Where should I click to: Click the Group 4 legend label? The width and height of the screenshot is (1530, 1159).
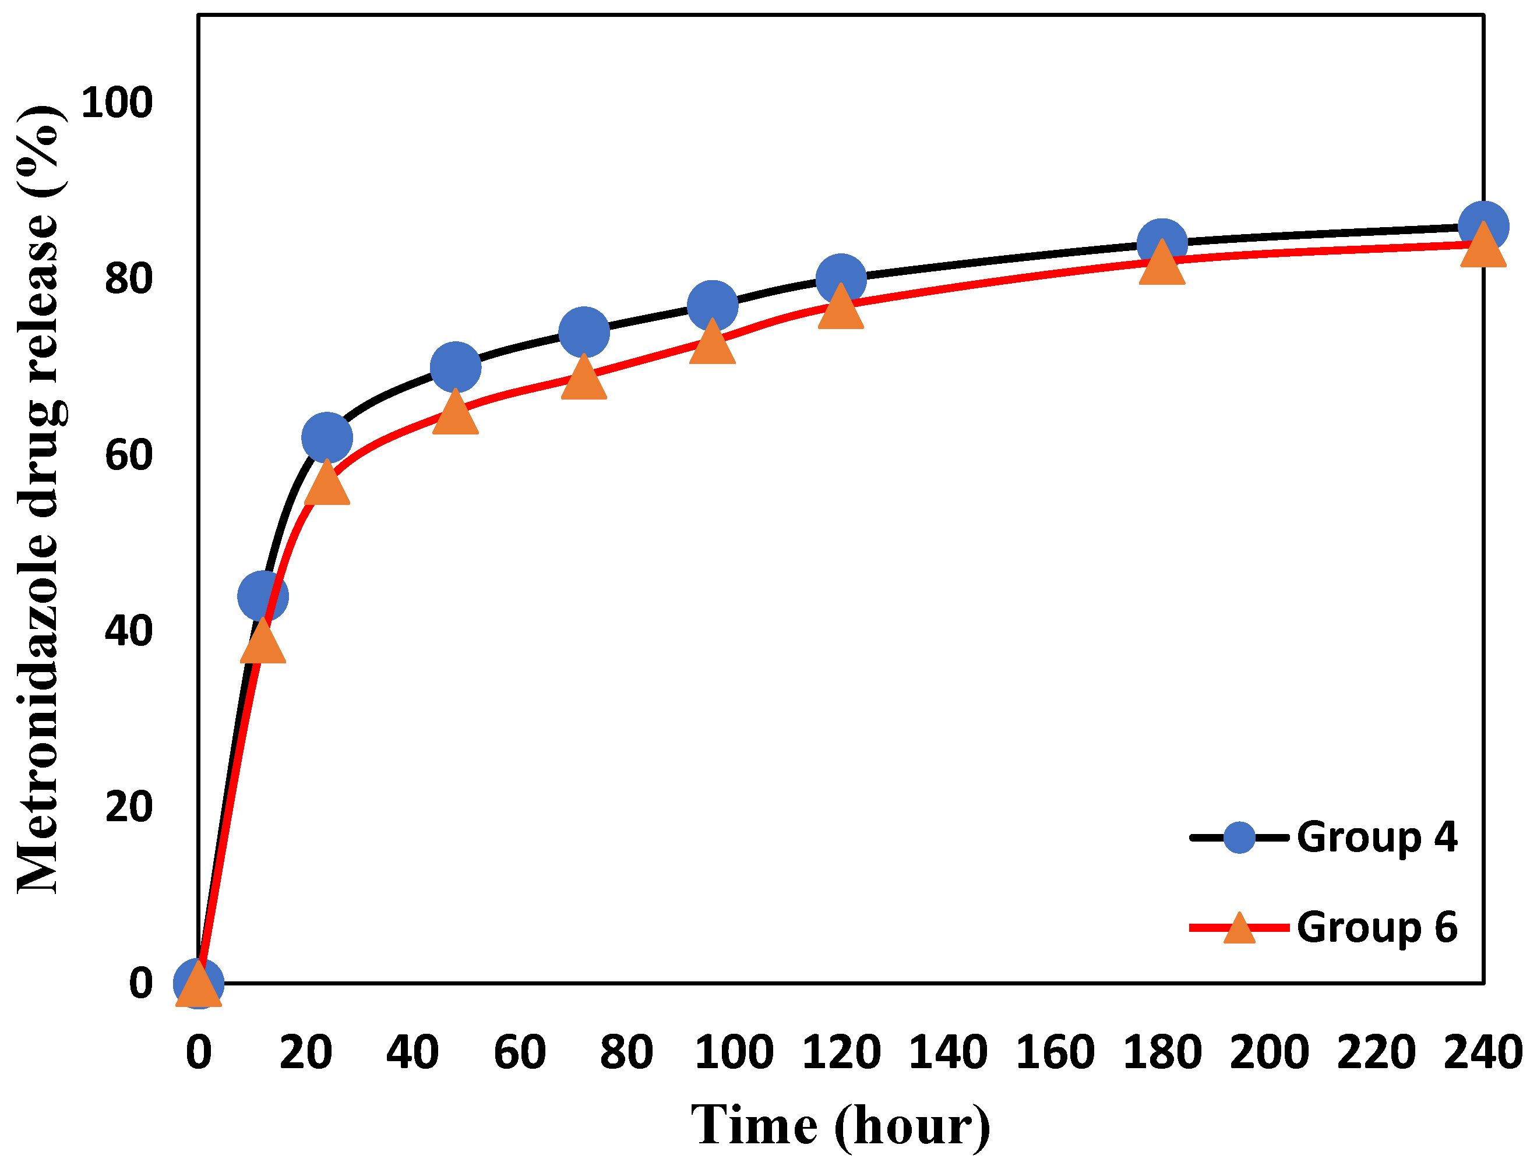[1376, 838]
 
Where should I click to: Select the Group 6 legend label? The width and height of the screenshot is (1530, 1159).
[1376, 927]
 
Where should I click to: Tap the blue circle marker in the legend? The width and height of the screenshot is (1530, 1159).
[1239, 838]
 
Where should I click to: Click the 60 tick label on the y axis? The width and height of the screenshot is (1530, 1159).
[128, 455]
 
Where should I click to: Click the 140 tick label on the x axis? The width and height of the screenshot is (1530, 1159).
[947, 1052]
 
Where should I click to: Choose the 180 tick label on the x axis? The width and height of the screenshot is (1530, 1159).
[1162, 1052]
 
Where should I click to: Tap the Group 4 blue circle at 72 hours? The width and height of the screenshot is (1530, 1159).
[584, 332]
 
